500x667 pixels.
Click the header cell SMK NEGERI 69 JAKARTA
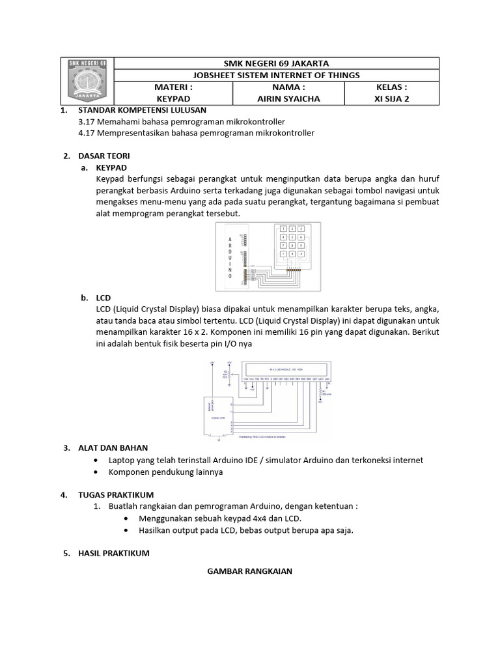coord(276,63)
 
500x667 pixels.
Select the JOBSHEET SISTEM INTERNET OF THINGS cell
coord(276,75)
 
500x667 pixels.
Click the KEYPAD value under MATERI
coord(173,99)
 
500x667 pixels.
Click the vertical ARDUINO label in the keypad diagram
coord(230,258)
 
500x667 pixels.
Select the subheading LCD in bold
coord(103,298)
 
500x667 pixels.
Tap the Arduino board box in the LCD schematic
coord(219,415)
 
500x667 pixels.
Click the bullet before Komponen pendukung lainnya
coord(96,472)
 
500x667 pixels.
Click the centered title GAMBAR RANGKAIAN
coord(249,571)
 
